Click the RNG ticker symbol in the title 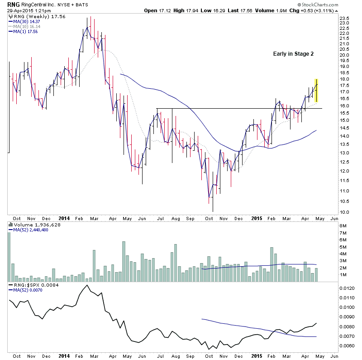coord(7,4)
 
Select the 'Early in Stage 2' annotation coord(293,53)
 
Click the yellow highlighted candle coord(317,90)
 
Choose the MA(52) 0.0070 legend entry coord(26,290)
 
